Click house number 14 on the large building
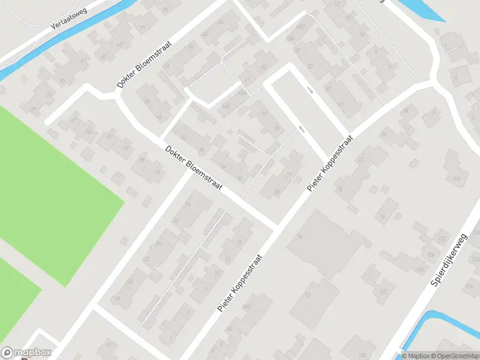point(299,236)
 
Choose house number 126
point(430,254)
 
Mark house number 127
point(442,239)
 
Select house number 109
point(246,307)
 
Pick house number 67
point(119,44)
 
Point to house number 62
point(205,34)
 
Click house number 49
point(33,109)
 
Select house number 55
point(62,80)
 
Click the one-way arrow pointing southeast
point(310,90)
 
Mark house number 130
point(457,179)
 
